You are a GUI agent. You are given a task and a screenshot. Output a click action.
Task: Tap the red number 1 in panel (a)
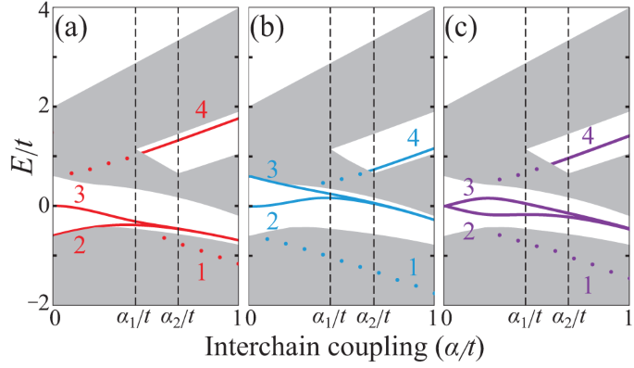pyautogui.click(x=201, y=273)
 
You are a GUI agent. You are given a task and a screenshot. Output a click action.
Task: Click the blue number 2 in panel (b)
pyautogui.click(x=274, y=221)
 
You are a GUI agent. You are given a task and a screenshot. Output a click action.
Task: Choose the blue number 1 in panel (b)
pyautogui.click(x=413, y=268)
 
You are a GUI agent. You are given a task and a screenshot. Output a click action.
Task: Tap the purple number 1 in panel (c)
pyautogui.click(x=587, y=286)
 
